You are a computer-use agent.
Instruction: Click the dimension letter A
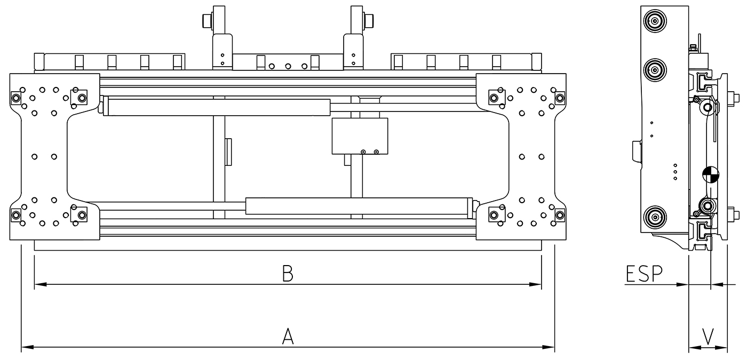click(x=288, y=337)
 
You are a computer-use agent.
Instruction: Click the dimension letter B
click(x=288, y=274)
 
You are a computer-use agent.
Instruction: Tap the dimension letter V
click(x=708, y=337)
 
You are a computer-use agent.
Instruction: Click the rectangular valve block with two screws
click(x=360, y=137)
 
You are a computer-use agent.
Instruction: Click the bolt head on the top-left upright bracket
click(x=206, y=21)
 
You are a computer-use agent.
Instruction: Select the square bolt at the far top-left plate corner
click(x=15, y=98)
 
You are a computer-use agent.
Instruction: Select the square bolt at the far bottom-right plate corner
click(x=559, y=215)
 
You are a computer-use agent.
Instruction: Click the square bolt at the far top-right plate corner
click(x=559, y=98)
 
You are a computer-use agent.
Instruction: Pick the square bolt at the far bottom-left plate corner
click(x=15, y=215)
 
